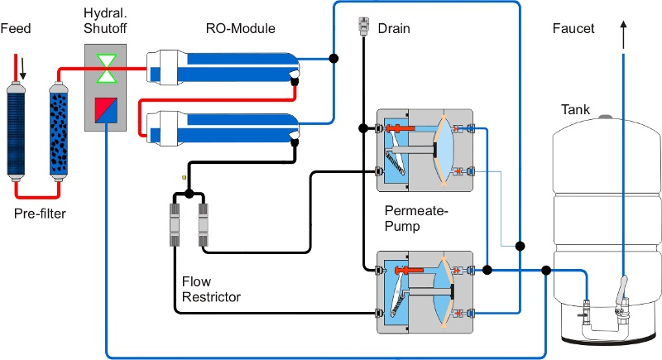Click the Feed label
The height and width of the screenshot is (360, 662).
(x=16, y=28)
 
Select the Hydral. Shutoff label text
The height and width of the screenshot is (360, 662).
(x=105, y=21)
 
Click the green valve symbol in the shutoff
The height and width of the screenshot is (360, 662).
(x=106, y=69)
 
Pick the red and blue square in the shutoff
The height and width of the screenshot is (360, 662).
(x=106, y=111)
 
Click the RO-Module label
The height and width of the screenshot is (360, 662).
(x=240, y=28)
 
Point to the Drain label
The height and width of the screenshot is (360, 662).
(x=394, y=28)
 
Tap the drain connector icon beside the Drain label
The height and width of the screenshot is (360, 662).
(x=363, y=26)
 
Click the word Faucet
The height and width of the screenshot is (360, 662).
(x=573, y=28)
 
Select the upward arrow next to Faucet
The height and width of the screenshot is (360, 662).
(x=624, y=36)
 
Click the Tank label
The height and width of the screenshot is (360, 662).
(x=575, y=109)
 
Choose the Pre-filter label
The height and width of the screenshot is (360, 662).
(x=40, y=214)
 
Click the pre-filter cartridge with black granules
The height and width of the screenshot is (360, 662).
(x=59, y=132)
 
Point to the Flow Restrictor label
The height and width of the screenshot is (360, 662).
(x=211, y=289)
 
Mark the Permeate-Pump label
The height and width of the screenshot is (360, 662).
(x=416, y=218)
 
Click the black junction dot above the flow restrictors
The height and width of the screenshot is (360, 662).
(x=189, y=194)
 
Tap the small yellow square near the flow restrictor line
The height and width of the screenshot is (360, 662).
(x=184, y=178)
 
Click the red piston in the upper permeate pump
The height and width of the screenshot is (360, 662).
(x=400, y=128)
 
